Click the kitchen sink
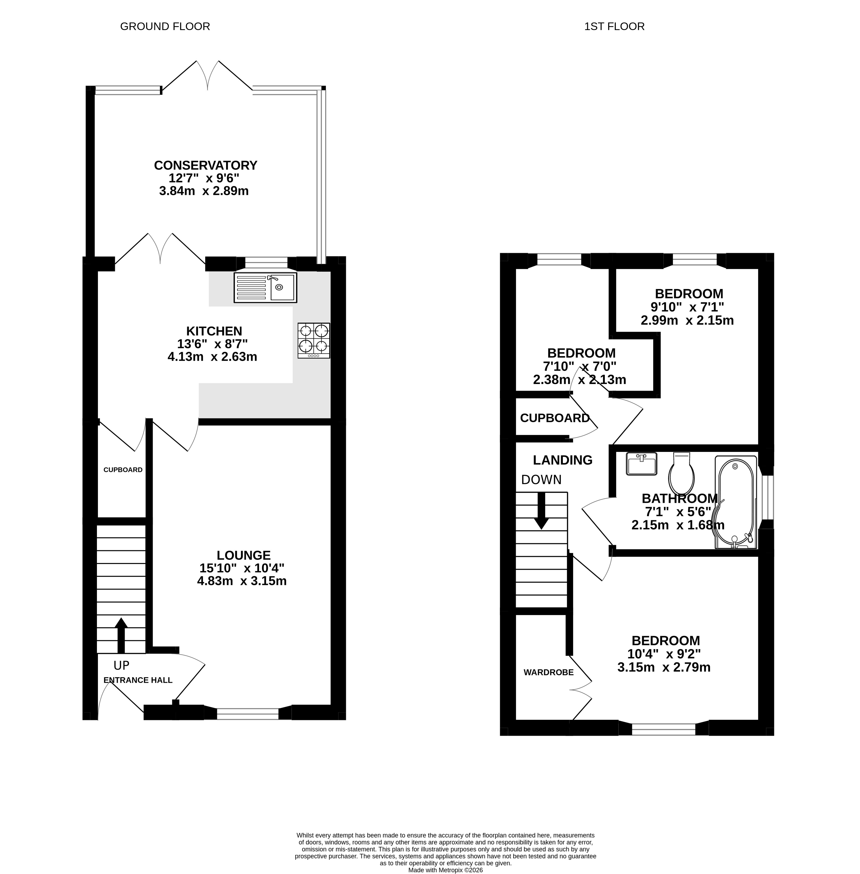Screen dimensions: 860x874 [x=265, y=288]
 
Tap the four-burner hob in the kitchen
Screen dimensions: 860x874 [x=314, y=340]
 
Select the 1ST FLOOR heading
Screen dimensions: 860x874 [x=614, y=27]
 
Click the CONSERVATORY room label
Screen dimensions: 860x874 [x=206, y=165]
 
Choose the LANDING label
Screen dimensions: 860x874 [x=562, y=460]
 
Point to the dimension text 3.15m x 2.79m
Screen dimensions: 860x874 [x=664, y=667]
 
